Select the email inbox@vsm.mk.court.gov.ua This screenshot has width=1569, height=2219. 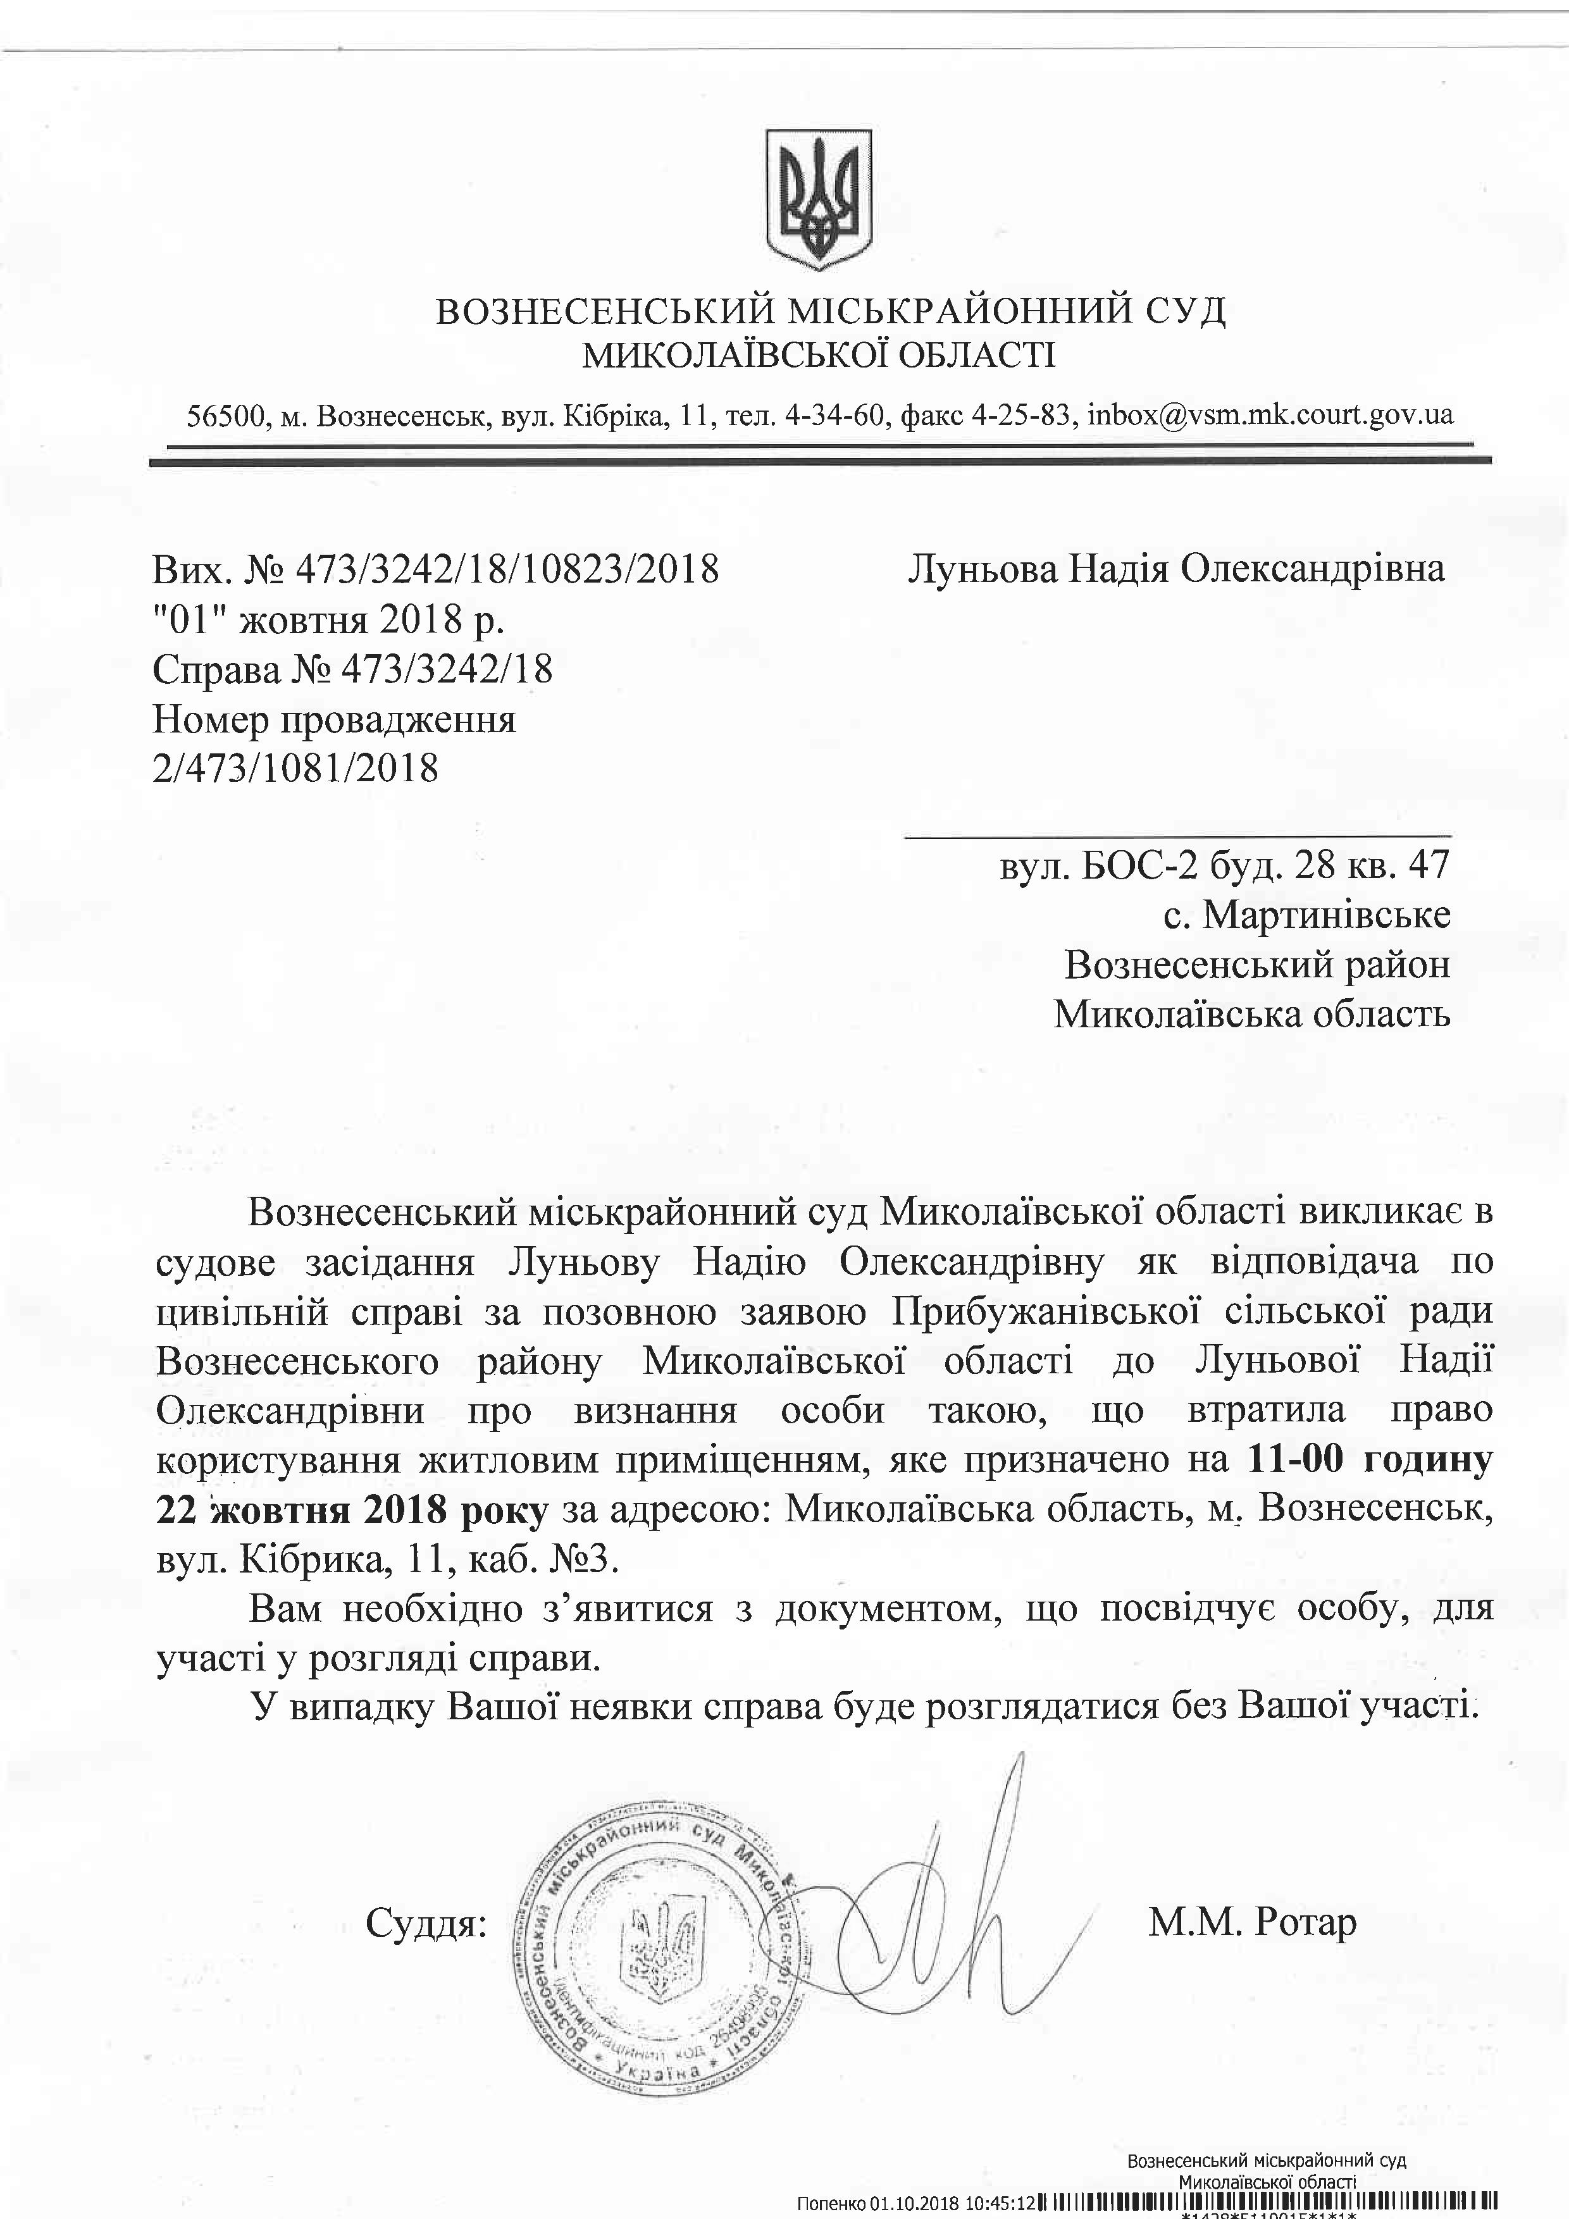coord(1269,414)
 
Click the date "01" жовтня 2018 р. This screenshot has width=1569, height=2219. coord(329,619)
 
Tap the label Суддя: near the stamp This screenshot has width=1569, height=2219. coord(425,1897)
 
